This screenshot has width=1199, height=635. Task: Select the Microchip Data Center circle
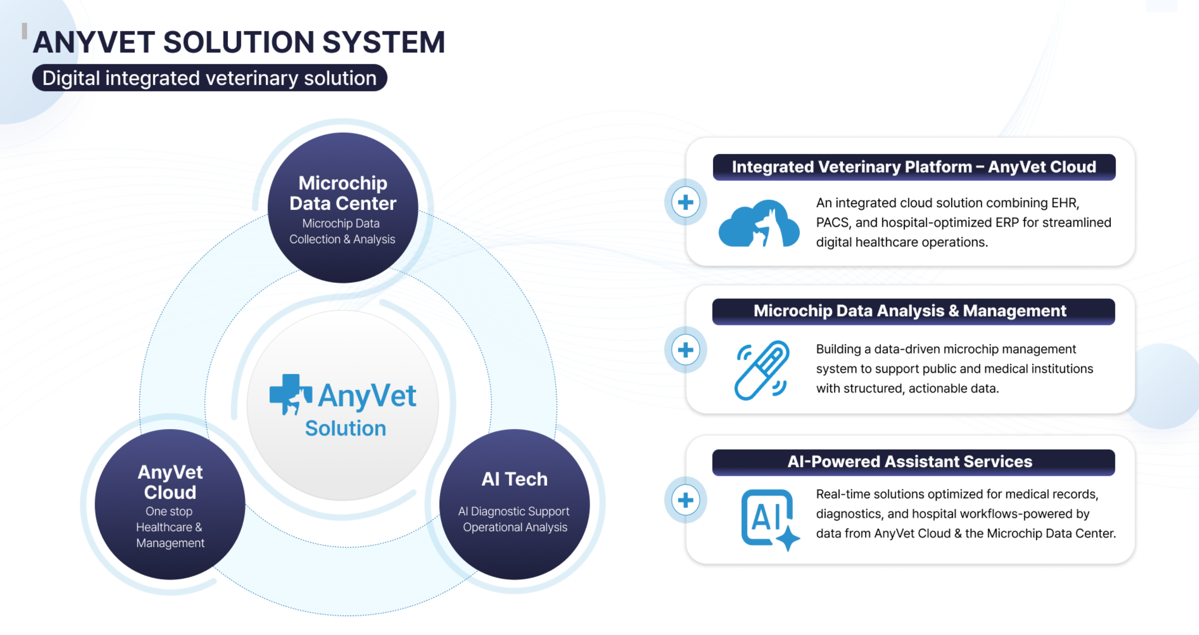coord(343,207)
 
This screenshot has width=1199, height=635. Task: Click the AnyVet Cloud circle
coord(170,504)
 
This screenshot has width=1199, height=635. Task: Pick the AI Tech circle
coord(514,504)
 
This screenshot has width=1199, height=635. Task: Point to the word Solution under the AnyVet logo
coord(345,428)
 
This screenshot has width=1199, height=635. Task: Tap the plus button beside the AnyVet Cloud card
coord(685,202)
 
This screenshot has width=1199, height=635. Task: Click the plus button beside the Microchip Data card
coord(685,350)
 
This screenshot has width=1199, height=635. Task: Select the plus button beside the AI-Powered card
coord(685,500)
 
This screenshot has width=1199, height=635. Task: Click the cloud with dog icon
coord(759,224)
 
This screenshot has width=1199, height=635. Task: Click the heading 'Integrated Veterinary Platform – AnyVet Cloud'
coord(914,167)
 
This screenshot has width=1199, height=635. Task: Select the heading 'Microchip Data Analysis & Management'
coord(910,311)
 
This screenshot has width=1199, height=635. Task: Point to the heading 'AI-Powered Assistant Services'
coord(910,461)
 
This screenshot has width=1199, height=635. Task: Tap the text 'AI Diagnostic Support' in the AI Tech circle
coord(513,511)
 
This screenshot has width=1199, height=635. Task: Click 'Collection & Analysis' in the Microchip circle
coord(342,239)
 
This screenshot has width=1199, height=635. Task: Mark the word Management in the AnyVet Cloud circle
coord(170,543)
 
